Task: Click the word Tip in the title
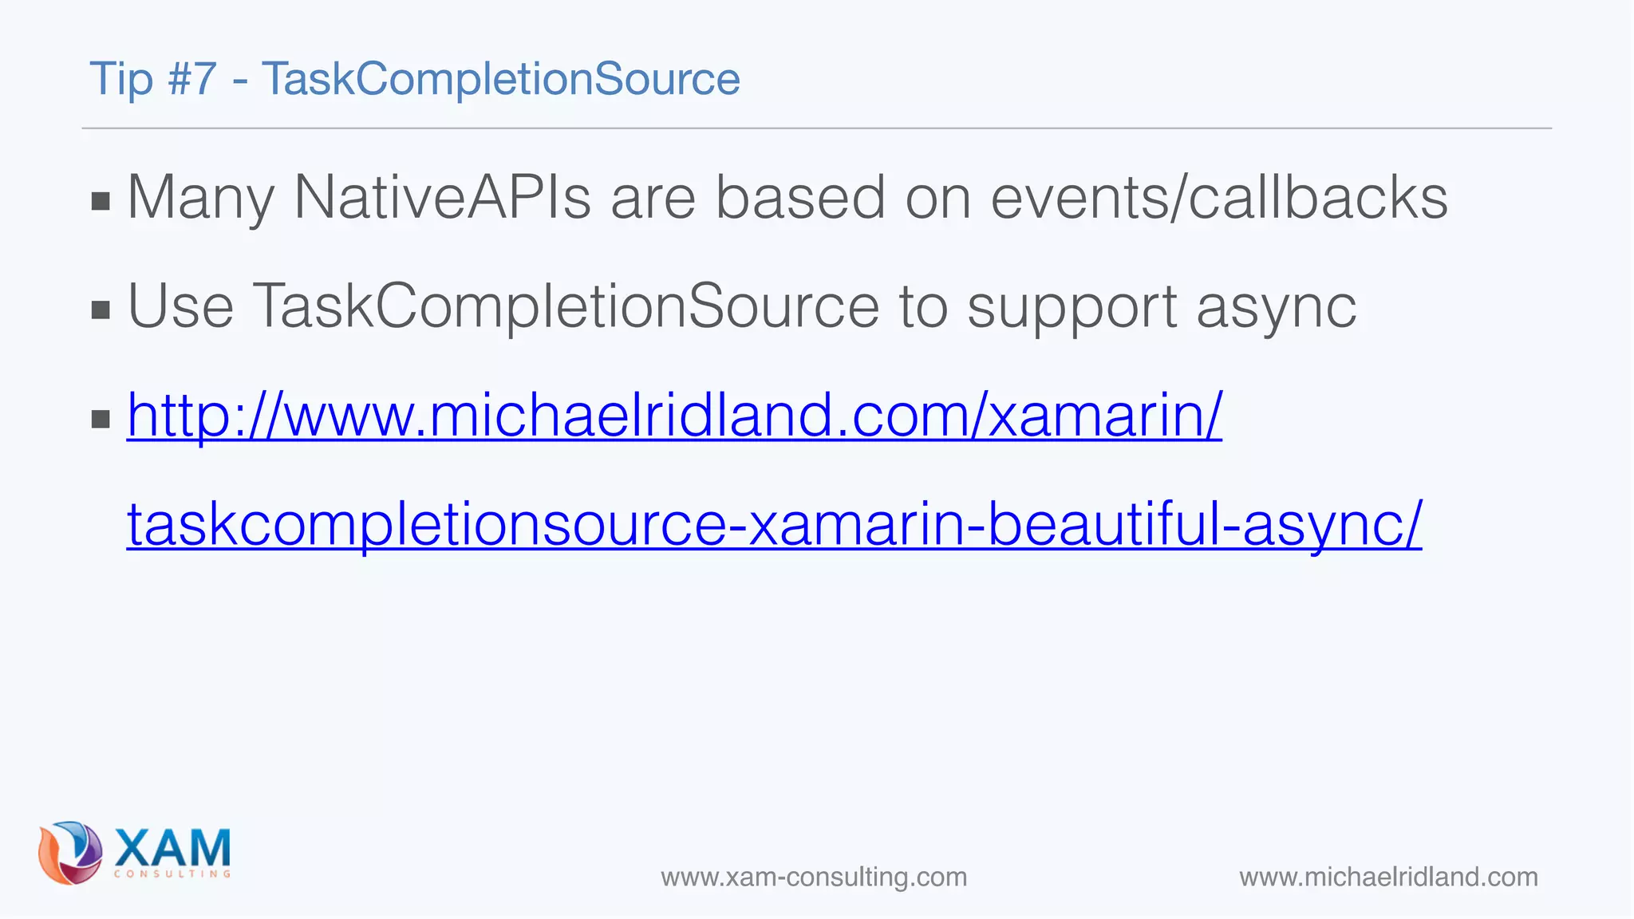(120, 80)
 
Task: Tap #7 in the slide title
(192, 80)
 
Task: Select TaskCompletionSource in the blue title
(501, 80)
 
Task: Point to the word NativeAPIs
(442, 198)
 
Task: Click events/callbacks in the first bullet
(1218, 198)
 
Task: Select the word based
(799, 198)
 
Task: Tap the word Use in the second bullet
(181, 306)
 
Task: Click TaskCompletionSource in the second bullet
(566, 306)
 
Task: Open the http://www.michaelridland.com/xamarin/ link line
(674, 416)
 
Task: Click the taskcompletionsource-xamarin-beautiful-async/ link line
(774, 524)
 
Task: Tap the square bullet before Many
(101, 201)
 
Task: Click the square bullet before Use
(101, 310)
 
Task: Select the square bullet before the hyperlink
(101, 419)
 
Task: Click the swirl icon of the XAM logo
(70, 853)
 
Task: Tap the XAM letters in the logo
(172, 847)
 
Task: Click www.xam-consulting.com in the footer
(814, 878)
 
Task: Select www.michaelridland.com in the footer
(1388, 878)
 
